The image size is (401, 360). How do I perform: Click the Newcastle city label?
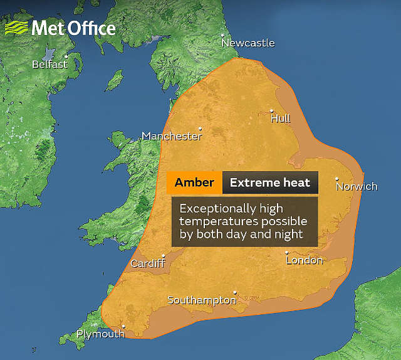point(249,43)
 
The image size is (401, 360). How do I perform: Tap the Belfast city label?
point(50,64)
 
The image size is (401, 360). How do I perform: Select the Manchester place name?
point(172,136)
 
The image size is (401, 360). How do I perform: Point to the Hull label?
point(281,119)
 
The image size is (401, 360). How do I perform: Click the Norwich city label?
point(357,186)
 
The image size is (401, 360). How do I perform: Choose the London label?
point(305,260)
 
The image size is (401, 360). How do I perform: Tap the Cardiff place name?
point(148,263)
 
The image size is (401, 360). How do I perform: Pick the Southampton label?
point(202,300)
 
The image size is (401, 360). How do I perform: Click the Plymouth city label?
point(100,334)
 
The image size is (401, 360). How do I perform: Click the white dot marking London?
point(287,252)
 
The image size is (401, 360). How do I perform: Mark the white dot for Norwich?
point(336,179)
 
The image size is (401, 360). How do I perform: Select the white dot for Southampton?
point(235,292)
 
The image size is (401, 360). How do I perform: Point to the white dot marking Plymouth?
point(123,326)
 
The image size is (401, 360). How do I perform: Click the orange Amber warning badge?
point(194,183)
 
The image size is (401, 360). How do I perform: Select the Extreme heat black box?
point(270,183)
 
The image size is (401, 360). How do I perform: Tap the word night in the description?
point(287,234)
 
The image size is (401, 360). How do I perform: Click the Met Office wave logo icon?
point(17,28)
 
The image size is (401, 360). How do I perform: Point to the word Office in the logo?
point(90,28)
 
